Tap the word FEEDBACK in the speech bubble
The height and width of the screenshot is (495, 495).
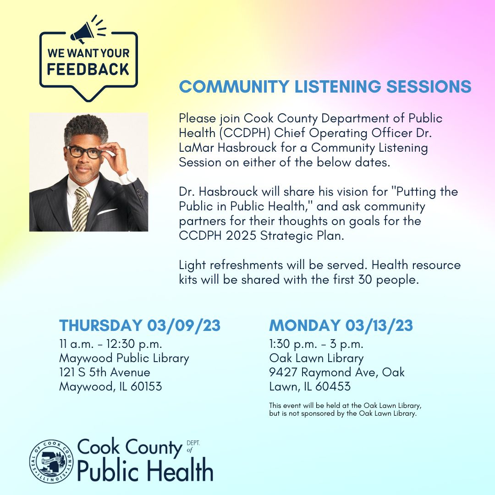click(88, 70)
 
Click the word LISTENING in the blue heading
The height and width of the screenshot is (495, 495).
click(337, 87)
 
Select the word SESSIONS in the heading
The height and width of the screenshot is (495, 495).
click(429, 87)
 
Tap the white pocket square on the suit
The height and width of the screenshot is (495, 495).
click(107, 211)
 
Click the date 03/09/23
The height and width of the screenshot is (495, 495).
click(184, 325)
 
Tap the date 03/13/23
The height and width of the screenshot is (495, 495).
click(379, 325)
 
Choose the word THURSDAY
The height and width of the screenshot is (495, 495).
click(101, 325)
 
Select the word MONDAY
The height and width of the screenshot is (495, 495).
click(305, 325)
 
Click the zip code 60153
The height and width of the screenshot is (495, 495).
click(146, 386)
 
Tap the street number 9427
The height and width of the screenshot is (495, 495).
click(283, 372)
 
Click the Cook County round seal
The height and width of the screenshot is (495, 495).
click(51, 461)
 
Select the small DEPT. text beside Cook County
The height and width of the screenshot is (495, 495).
click(193, 443)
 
